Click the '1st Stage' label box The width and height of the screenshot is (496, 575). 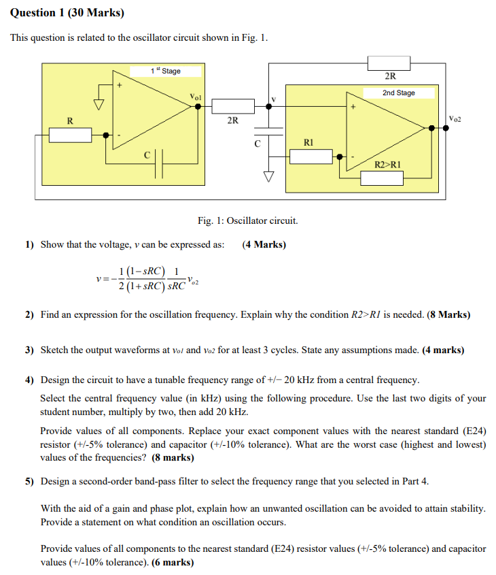click(x=166, y=71)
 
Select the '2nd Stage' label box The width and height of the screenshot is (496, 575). click(x=398, y=93)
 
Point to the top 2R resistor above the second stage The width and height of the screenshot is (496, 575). click(x=390, y=63)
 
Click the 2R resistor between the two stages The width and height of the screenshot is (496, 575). click(x=233, y=105)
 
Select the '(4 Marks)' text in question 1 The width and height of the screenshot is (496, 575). click(x=264, y=244)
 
